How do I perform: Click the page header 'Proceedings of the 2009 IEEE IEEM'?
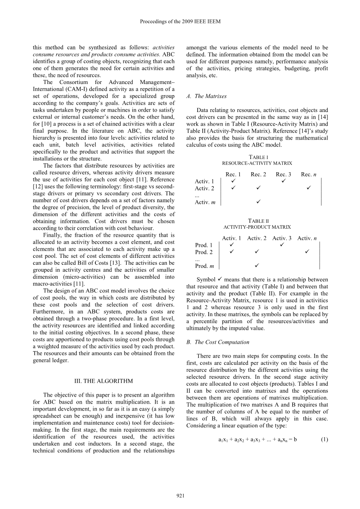(180, 22)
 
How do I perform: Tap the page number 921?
(180, 495)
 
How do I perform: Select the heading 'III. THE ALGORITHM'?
(104, 381)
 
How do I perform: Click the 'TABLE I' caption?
(257, 157)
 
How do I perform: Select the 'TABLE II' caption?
(257, 221)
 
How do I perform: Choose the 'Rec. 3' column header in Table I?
(283, 174)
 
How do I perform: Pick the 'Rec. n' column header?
(309, 174)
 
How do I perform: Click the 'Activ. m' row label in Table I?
(205, 202)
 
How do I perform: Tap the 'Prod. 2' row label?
(204, 252)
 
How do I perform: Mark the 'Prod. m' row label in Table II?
(204, 266)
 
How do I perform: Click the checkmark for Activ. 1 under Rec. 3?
(283, 181)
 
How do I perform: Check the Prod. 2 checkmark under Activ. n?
(307, 252)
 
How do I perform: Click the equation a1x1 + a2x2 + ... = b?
(257, 440)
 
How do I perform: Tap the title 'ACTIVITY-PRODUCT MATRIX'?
(257, 227)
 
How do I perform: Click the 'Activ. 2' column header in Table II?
(257, 238)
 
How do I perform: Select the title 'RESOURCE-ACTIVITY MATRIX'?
(257, 163)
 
